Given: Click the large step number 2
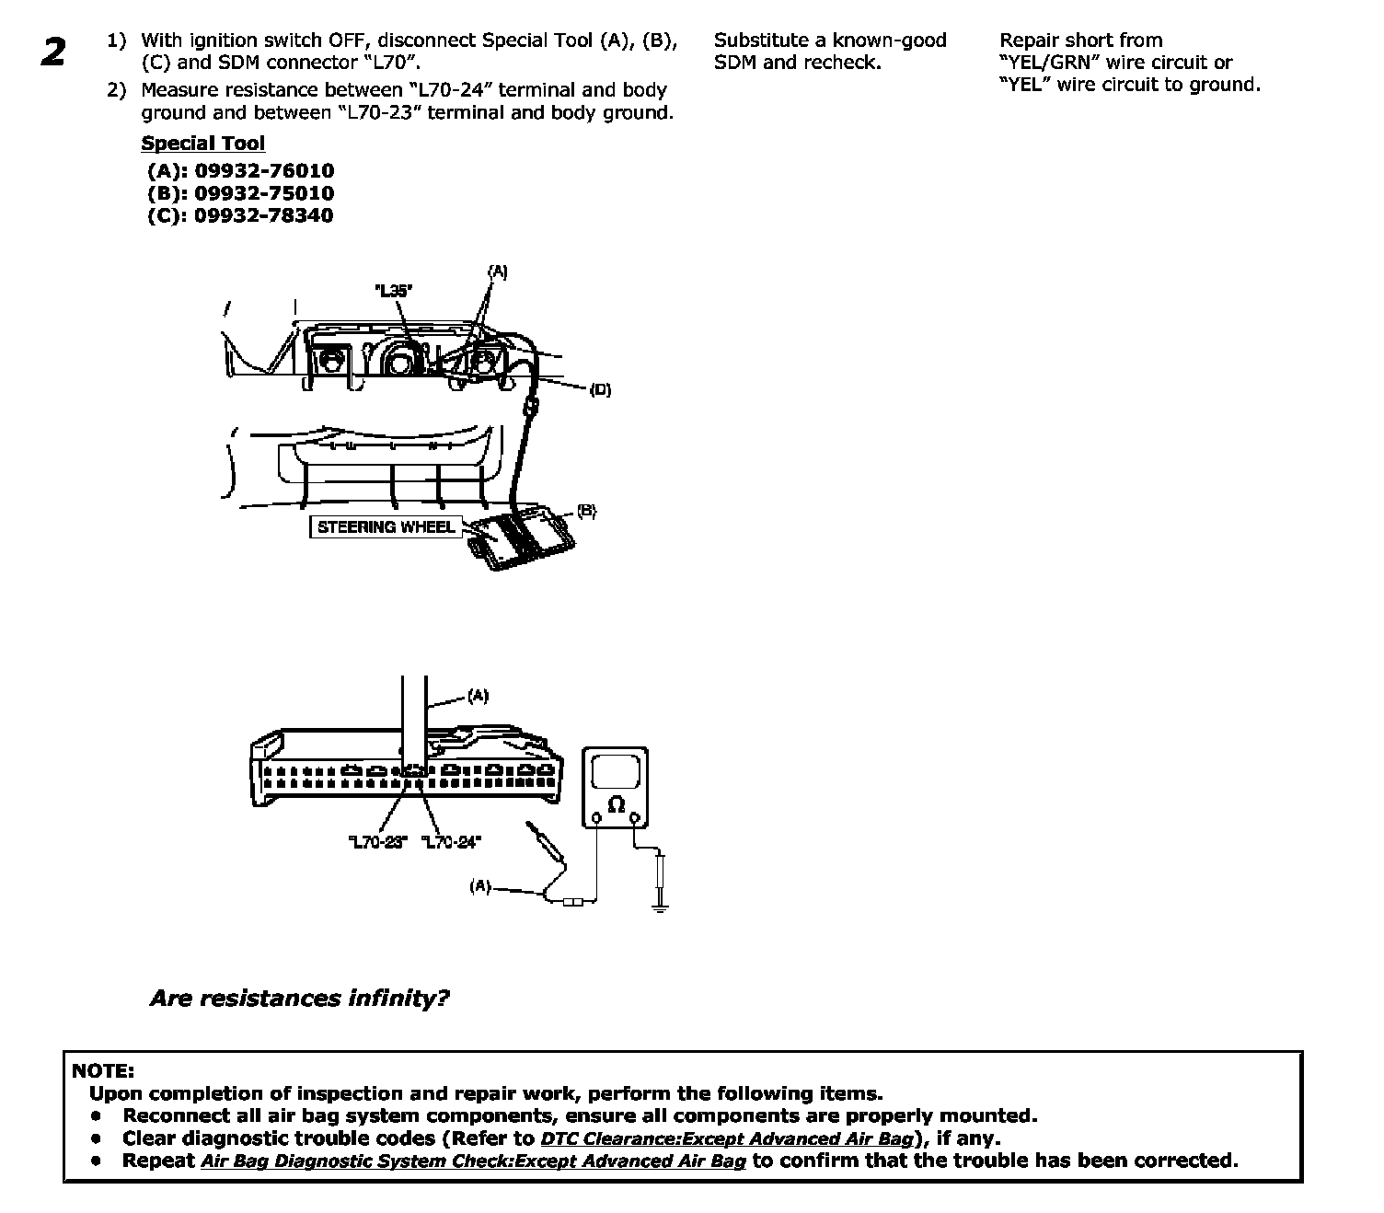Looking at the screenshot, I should pyautogui.click(x=53, y=52).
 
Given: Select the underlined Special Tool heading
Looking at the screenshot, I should pyautogui.click(x=202, y=144).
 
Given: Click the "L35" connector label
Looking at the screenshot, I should pyautogui.click(x=394, y=291).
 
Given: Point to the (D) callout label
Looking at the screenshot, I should pyautogui.click(x=600, y=390).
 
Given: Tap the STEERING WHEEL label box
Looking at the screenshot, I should pyautogui.click(x=386, y=527).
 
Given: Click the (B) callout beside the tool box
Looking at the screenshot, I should pyautogui.click(x=586, y=512).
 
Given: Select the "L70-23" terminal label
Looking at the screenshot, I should pyautogui.click(x=377, y=841).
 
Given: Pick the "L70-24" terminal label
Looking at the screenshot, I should pyautogui.click(x=451, y=841).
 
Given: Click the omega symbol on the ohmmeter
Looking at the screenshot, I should pyautogui.click(x=617, y=805).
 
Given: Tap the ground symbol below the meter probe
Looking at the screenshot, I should pyautogui.click(x=659, y=906).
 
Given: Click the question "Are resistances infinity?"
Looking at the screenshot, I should pyautogui.click(x=299, y=999).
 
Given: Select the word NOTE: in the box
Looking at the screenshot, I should pyautogui.click(x=103, y=1071).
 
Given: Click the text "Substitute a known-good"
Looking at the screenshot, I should pyautogui.click(x=830, y=40).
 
